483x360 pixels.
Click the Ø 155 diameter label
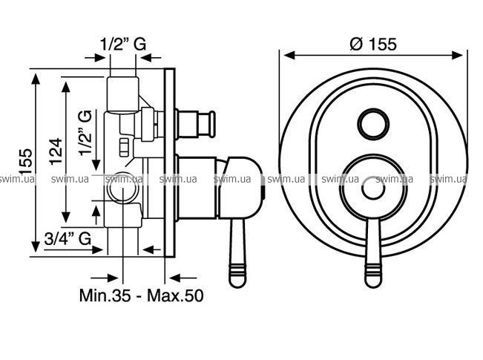373,44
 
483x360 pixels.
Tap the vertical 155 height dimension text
26,162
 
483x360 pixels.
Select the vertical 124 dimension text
56,151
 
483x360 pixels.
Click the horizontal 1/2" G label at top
123,44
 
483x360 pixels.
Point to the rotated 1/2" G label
85,133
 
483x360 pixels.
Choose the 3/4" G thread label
68,238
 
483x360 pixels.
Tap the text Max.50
175,295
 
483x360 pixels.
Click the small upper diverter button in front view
373,124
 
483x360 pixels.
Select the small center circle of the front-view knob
373,188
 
